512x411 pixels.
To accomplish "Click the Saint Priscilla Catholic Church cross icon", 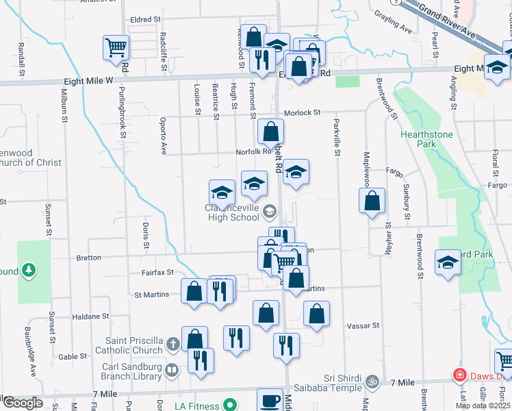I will pos(174,343).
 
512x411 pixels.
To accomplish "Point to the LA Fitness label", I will pos(196,406).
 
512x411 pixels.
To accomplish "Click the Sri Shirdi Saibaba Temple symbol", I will pos(372,380).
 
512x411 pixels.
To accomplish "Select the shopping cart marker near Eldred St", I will pos(116,47).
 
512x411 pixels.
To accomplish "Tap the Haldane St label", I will pos(91,317).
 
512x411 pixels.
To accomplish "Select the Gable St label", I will pos(73,357).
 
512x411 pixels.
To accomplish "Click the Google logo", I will pos(22,403).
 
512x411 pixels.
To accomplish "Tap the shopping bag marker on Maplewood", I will pos(371,201).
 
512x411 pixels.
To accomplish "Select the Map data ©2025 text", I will pos(482,406).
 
